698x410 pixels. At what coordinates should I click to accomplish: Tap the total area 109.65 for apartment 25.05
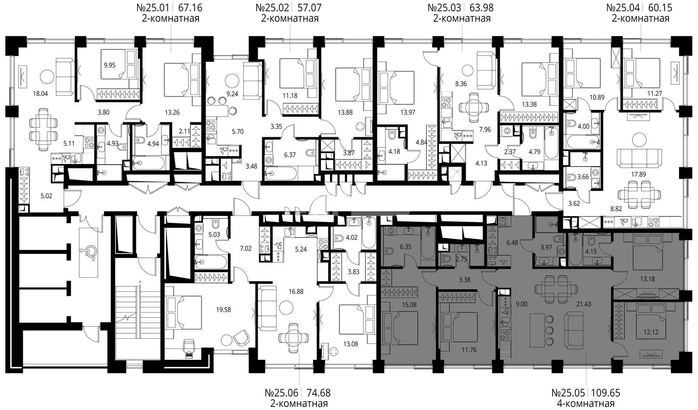[x=606, y=393]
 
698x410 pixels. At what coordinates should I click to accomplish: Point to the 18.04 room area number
[x=40, y=93]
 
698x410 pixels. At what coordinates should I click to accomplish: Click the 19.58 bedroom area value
[x=224, y=310]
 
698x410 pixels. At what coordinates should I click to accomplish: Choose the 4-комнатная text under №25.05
[x=585, y=403]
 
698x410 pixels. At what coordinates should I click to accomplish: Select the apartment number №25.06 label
[x=282, y=393]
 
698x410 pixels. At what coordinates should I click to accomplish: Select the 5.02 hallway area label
[x=46, y=196]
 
